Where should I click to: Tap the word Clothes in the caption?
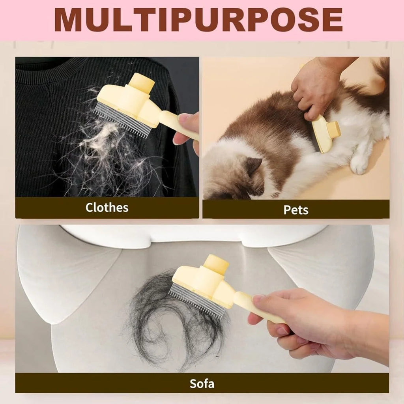pyautogui.click(x=107, y=208)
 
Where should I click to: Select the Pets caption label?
pyautogui.click(x=296, y=210)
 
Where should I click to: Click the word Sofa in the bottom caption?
pyautogui.click(x=202, y=383)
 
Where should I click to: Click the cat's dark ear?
pyautogui.click(x=252, y=166)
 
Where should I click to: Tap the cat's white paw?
pyautogui.click(x=359, y=164)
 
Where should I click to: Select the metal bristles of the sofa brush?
pyautogui.click(x=197, y=302)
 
